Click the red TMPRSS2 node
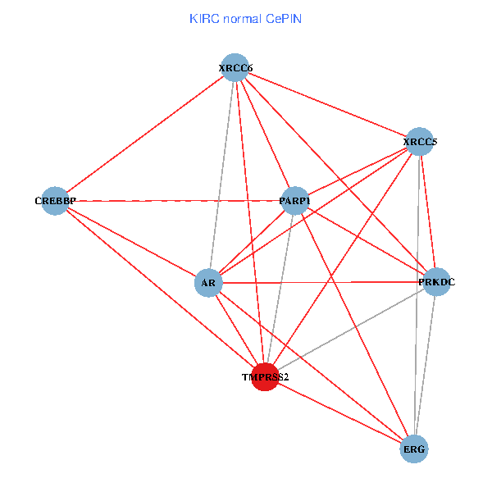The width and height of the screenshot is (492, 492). pyautogui.click(x=265, y=377)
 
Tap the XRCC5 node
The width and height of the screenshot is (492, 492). pyautogui.click(x=420, y=141)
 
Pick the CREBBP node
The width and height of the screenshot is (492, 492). pyautogui.click(x=55, y=200)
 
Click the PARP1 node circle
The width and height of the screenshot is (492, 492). pyautogui.click(x=294, y=200)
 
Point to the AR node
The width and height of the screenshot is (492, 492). pyautogui.click(x=208, y=284)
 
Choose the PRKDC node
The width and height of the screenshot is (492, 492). pyautogui.click(x=436, y=282)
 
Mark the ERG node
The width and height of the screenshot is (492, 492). pyautogui.click(x=414, y=449)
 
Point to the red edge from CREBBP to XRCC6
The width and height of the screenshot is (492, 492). pyautogui.click(x=145, y=134)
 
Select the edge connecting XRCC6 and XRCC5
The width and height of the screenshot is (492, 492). pyautogui.click(x=328, y=104)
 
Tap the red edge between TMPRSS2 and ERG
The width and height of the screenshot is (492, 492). pyautogui.click(x=339, y=413)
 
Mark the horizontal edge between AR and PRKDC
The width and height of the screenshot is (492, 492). pyautogui.click(x=322, y=283)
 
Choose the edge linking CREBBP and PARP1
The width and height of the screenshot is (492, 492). pyautogui.click(x=175, y=200)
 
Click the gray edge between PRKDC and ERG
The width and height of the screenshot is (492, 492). pyautogui.click(x=426, y=366)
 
